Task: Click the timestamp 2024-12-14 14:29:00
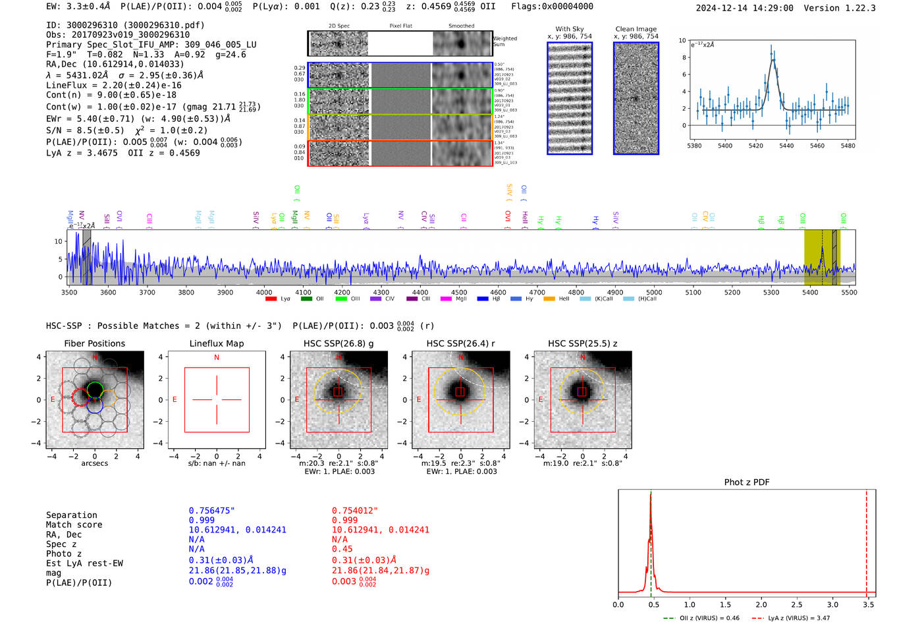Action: tap(744, 8)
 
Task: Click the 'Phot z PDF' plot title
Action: tap(746, 482)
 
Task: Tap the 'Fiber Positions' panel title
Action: tap(94, 343)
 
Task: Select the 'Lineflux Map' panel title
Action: tap(216, 343)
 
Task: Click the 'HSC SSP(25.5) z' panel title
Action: tap(582, 343)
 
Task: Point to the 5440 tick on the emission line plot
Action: tap(786, 146)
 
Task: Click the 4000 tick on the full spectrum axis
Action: tap(264, 293)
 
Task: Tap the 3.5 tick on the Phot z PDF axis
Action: tap(868, 604)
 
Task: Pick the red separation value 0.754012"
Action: tap(355, 511)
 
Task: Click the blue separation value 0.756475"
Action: tap(211, 511)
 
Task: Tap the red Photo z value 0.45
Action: tap(342, 549)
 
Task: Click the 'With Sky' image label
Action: tap(569, 29)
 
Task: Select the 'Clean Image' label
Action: tap(636, 29)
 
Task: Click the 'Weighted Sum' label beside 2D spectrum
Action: tap(504, 42)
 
